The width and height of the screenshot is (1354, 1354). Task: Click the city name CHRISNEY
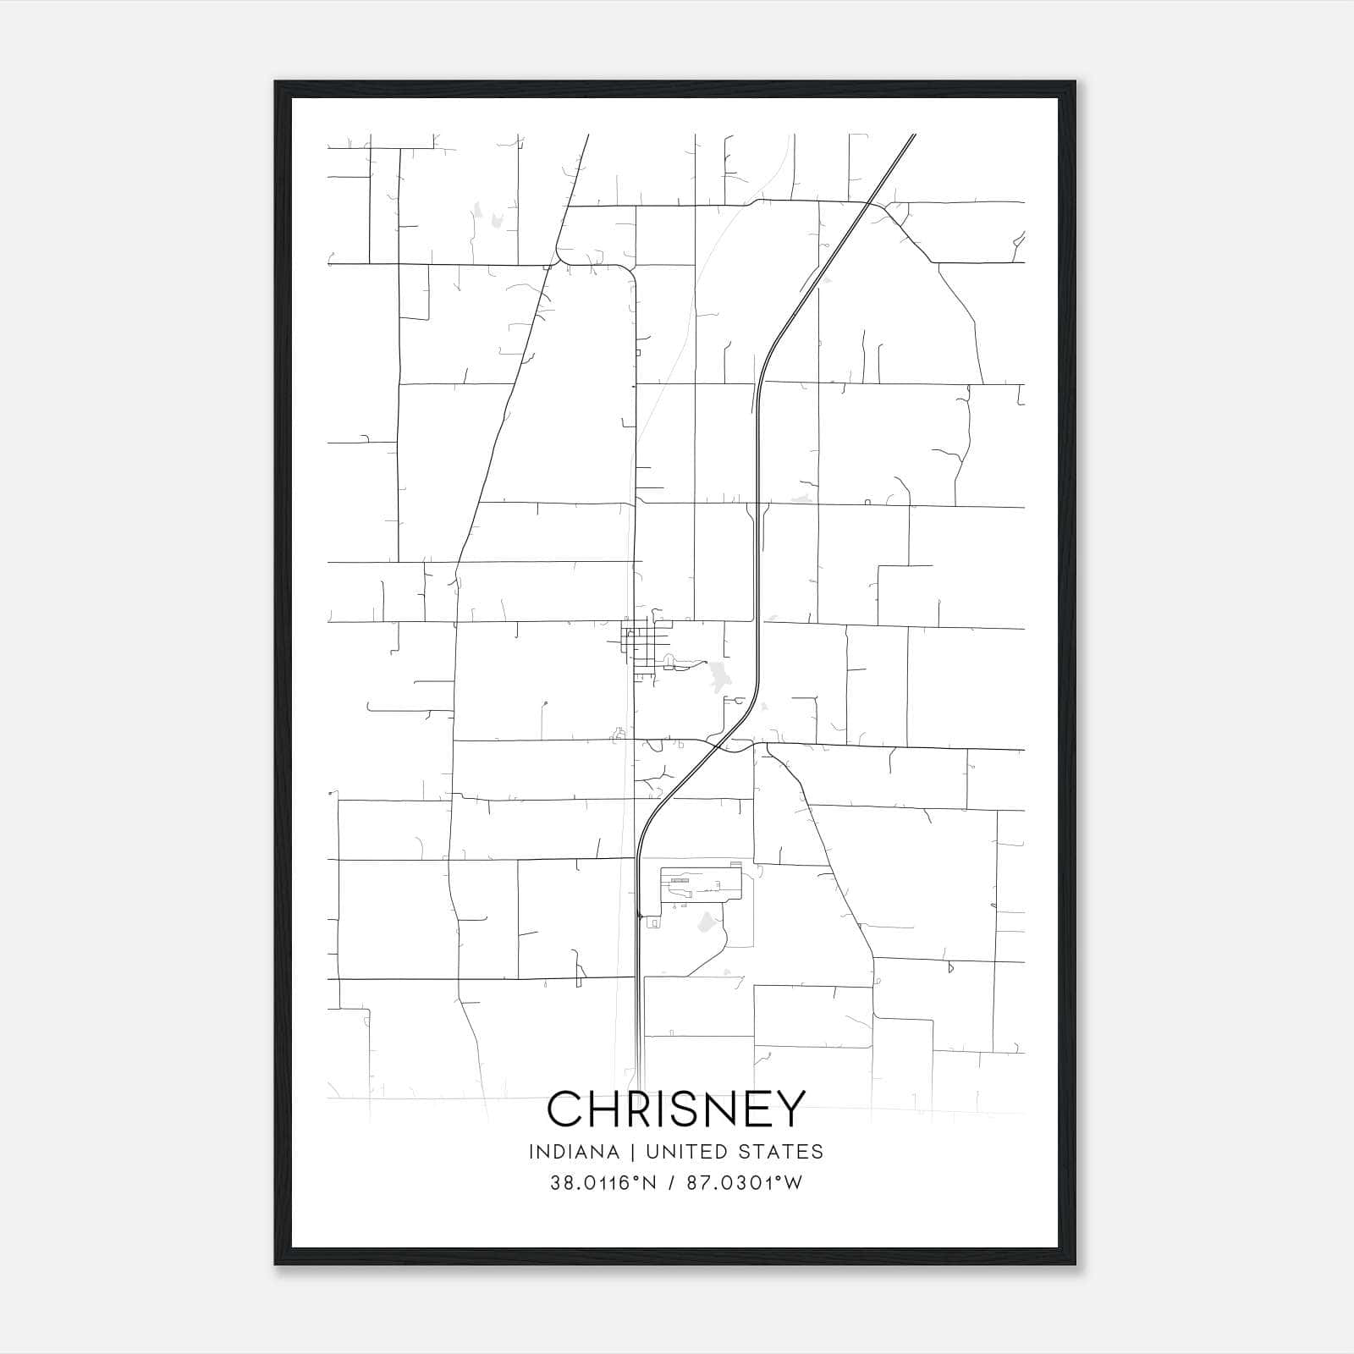(x=676, y=1109)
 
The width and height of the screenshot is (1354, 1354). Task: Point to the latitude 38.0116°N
(x=603, y=1183)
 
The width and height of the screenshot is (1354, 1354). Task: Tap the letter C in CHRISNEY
(x=564, y=1109)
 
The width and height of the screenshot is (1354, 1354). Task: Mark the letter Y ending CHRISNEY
(x=790, y=1109)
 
